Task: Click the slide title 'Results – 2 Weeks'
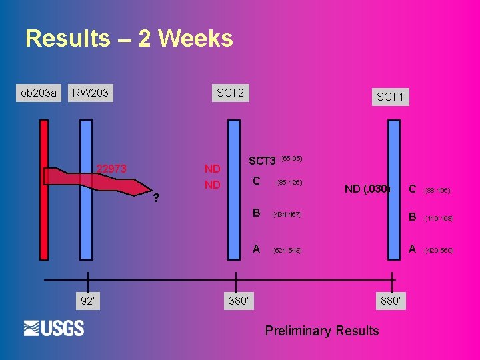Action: click(129, 39)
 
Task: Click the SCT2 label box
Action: click(230, 93)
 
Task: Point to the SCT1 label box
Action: click(390, 97)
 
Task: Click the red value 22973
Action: click(111, 169)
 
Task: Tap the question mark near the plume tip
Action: click(155, 198)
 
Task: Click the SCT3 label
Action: click(262, 161)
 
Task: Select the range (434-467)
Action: click(287, 215)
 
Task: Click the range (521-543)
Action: click(287, 251)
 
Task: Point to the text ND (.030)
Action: click(367, 189)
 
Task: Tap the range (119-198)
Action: click(439, 218)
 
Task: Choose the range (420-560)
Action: click(439, 251)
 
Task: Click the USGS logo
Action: click(54, 328)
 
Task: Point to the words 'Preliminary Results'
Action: click(322, 331)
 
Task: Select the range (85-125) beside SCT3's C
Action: click(289, 181)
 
